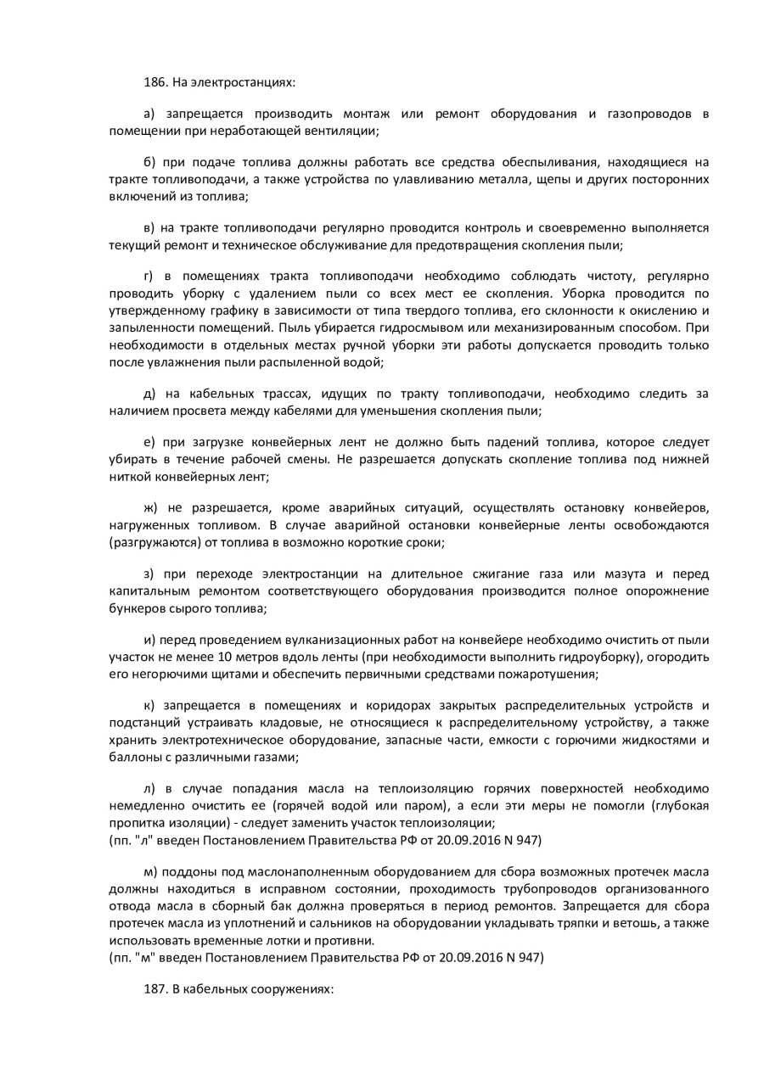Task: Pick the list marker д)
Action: point(149,394)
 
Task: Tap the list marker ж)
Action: point(151,507)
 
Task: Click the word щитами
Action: point(223,674)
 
